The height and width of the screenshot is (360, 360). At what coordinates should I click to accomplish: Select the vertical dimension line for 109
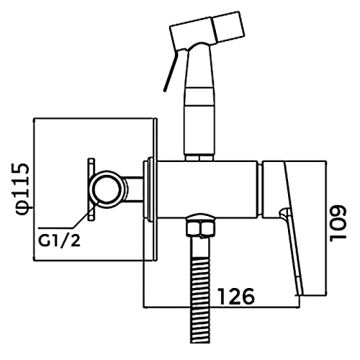click(325, 231)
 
